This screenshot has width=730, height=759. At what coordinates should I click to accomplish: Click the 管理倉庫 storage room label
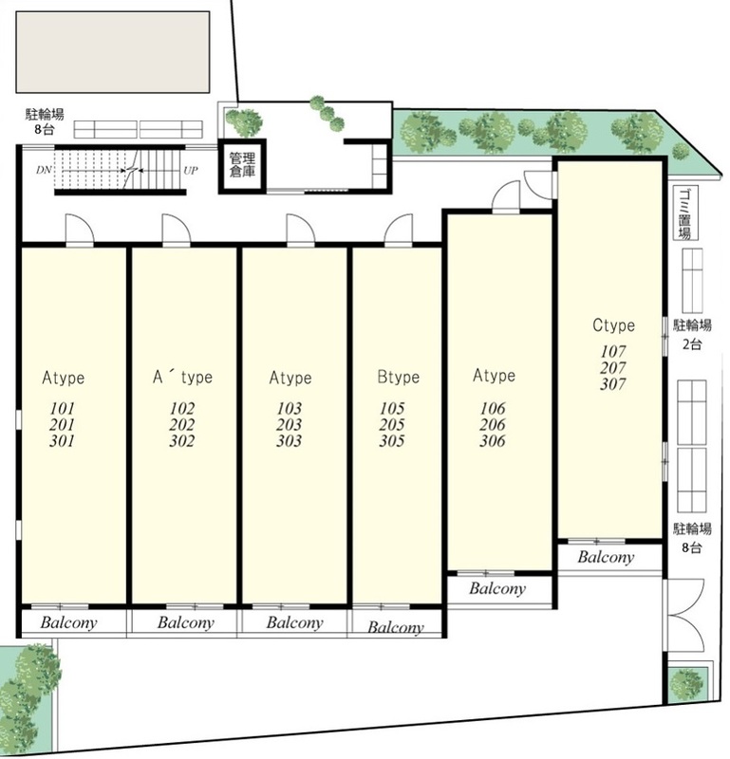point(242,165)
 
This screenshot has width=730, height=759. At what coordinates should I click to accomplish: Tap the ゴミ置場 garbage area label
point(685,213)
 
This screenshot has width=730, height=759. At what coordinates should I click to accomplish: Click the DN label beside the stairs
point(43,171)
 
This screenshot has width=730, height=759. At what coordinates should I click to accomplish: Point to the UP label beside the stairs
point(191,171)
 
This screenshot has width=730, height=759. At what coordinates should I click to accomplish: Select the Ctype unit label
point(613,325)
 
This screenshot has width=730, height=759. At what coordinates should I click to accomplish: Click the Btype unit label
point(398,377)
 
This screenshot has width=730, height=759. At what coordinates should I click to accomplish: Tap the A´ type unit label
point(182,377)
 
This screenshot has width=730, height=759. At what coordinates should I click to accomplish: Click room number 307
point(613,384)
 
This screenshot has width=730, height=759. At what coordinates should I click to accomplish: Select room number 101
point(62,409)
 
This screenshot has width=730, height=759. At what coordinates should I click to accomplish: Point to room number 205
point(391,424)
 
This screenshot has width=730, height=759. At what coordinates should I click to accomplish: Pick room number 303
point(289,441)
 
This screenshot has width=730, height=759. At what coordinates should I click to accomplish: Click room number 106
point(493,409)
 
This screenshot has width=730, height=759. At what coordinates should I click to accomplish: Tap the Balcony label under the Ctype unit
point(606,558)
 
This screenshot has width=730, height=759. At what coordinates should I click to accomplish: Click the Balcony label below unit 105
point(395,627)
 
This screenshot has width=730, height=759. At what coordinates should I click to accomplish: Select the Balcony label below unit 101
point(68,622)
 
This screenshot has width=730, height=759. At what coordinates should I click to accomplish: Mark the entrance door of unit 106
point(506,196)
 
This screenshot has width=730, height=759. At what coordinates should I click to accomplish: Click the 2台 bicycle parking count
point(692,344)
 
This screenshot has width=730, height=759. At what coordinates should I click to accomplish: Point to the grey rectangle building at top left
point(113,52)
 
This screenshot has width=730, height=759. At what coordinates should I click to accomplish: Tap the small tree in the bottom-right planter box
point(686,685)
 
